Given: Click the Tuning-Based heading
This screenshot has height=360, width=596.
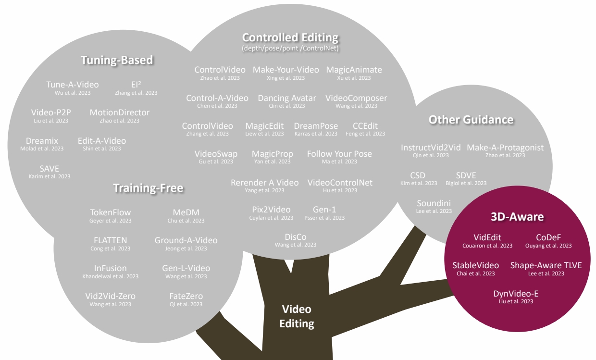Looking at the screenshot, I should point(117,60).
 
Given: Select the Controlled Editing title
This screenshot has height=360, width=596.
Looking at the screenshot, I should point(290,37).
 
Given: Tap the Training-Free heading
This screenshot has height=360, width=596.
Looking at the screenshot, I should point(148,188).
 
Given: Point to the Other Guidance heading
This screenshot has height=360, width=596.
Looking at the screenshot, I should point(471,120).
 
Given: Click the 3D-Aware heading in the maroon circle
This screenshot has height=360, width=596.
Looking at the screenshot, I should point(517,217).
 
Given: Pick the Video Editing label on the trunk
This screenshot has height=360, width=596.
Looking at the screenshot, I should point(297,316).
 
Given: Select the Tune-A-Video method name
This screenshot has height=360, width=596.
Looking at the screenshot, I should point(69,85).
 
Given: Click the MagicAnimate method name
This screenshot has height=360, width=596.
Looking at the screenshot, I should point(354,70).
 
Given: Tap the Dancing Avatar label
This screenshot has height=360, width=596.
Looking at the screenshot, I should point(287,98).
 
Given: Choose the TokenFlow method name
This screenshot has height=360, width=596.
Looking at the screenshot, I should point(110,212).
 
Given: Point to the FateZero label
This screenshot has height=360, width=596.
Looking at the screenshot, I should point(186,296).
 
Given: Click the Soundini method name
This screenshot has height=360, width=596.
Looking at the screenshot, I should point(434,203).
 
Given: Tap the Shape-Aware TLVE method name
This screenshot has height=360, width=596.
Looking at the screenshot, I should point(546,265).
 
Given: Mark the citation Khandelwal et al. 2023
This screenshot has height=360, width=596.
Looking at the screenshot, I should point(111,276).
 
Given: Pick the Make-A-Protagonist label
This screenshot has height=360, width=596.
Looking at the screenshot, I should point(505,148).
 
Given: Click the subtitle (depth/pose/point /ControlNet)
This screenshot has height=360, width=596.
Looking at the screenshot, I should point(290,49).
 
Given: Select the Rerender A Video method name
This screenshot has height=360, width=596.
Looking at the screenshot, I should point(265,183).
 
